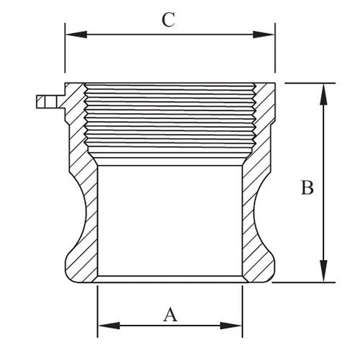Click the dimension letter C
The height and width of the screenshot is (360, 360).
[168, 19]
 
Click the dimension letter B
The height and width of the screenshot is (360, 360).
[307, 188]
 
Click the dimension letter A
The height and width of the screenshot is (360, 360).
[170, 314]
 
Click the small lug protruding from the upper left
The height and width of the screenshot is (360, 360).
[46, 102]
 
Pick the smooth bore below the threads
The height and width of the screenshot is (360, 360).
[170, 220]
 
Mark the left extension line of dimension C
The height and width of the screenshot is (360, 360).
[66, 54]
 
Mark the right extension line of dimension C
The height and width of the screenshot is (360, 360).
[275, 54]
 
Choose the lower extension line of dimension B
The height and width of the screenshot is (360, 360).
[302, 282]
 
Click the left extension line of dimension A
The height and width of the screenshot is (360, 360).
[98, 310]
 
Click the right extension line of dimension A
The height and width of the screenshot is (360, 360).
[243, 310]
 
